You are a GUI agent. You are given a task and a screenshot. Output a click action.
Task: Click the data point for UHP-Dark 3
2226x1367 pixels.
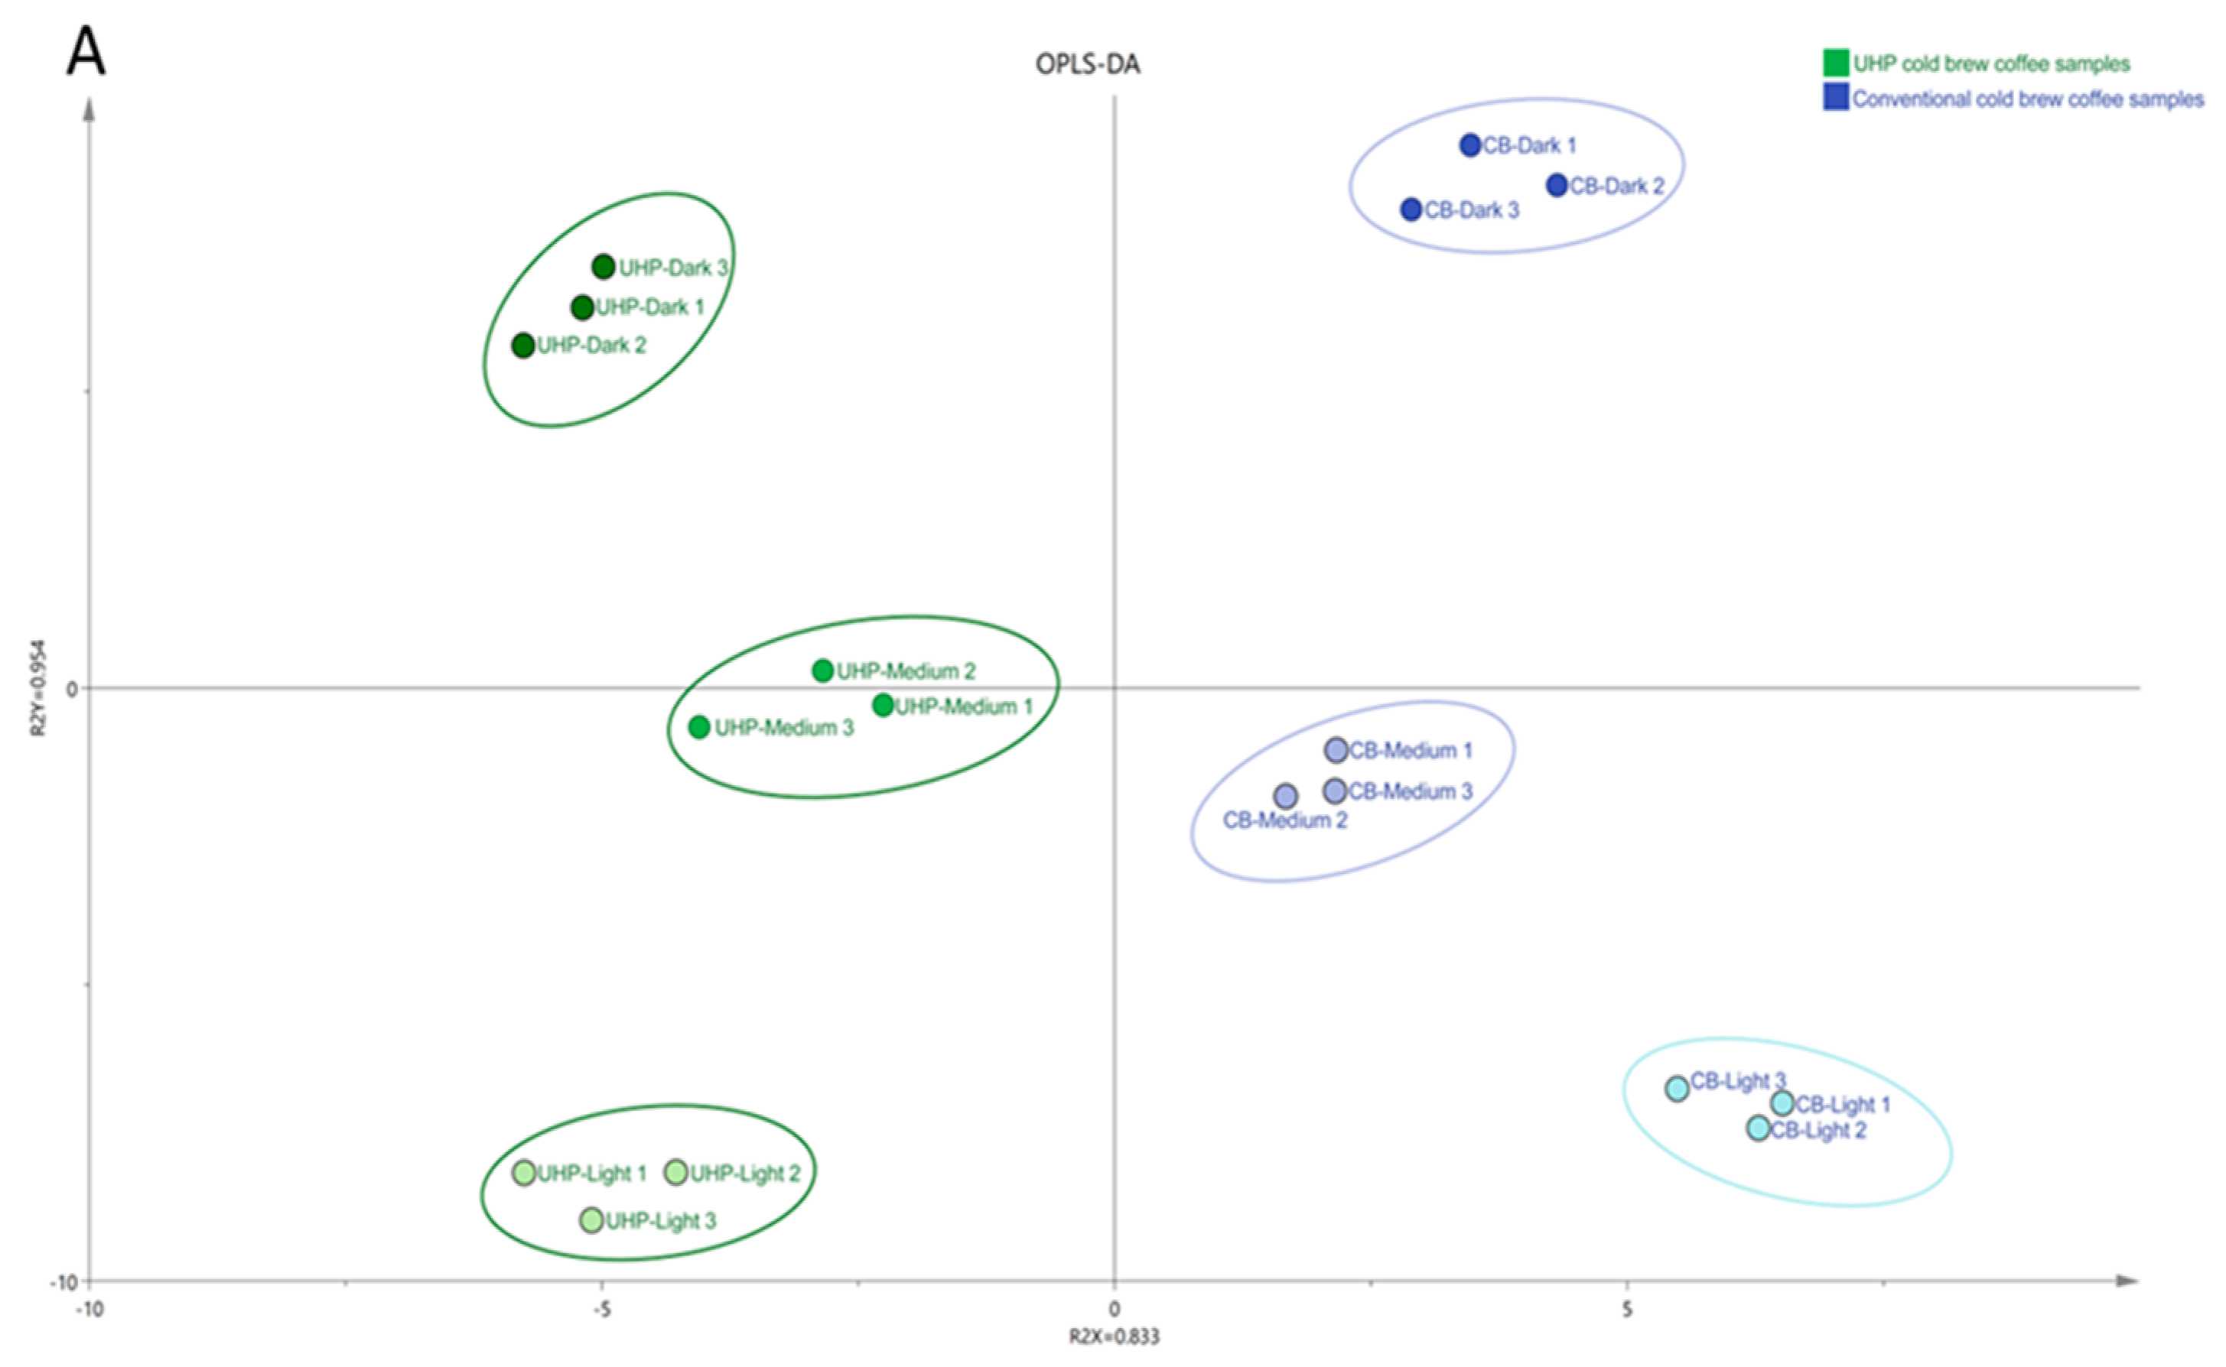tap(604, 267)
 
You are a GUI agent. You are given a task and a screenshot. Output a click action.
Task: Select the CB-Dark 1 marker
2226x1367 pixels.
tap(1469, 144)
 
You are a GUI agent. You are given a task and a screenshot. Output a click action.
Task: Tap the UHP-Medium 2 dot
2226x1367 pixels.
tap(822, 670)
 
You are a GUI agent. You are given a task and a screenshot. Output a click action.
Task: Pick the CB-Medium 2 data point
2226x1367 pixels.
tap(1285, 796)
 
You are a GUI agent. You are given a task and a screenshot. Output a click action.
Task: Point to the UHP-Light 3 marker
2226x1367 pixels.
tap(591, 1219)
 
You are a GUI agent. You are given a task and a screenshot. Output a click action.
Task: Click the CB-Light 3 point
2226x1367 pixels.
tap(1677, 1088)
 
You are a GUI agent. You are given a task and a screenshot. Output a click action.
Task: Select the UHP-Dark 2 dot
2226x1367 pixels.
tap(522, 345)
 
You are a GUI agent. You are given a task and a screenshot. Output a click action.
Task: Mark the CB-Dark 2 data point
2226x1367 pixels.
tap(1557, 185)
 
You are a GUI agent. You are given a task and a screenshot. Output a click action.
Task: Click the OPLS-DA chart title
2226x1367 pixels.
tap(1087, 64)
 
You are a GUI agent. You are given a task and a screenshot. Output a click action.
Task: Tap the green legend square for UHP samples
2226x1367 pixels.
tap(1835, 63)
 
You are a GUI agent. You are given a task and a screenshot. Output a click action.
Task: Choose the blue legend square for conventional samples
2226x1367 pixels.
tap(1835, 98)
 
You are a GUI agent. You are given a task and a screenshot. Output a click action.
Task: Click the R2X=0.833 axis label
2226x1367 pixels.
tap(1114, 1336)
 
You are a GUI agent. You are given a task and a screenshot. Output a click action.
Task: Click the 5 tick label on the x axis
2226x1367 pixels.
tap(1626, 1308)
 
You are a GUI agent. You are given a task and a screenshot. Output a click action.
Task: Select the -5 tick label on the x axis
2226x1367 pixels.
tap(600, 1308)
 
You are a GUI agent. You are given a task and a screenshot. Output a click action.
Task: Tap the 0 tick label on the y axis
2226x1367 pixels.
tap(71, 689)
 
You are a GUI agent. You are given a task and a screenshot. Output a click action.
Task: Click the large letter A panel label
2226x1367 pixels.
tap(86, 51)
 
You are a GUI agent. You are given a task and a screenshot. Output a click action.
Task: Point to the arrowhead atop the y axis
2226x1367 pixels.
tap(89, 109)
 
